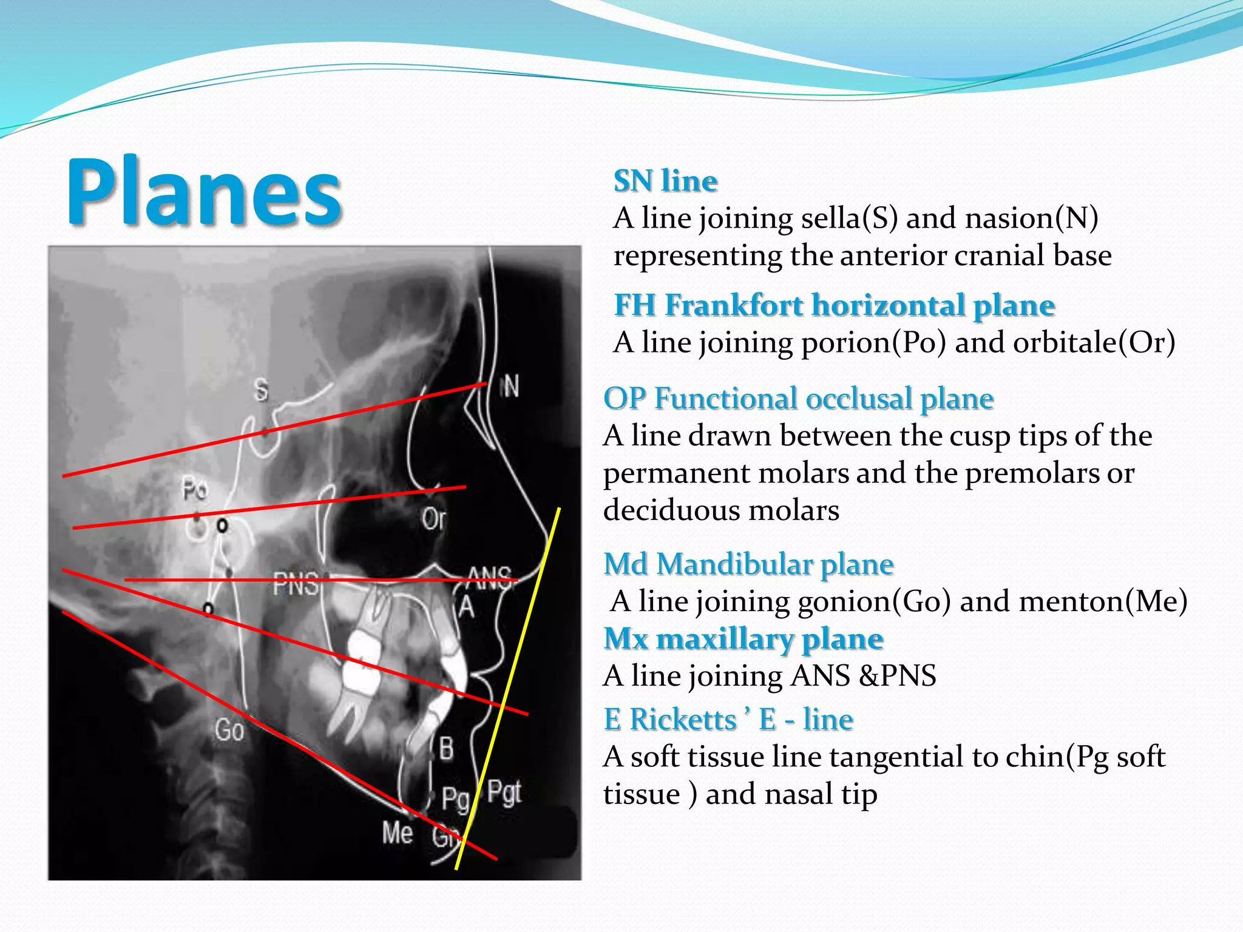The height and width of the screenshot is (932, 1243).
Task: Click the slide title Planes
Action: coord(205,192)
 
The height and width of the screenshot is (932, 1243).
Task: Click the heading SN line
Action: coord(665,181)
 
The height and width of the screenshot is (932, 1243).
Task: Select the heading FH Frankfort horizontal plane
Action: coord(835,305)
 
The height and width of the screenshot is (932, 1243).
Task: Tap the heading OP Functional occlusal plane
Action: coord(798,399)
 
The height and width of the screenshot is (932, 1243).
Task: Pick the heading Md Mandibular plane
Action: coord(748,564)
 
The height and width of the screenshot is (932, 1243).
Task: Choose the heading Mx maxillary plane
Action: coord(743,639)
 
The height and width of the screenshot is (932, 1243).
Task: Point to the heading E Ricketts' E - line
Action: coord(728,720)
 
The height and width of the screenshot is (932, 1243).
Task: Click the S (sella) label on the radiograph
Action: coord(261,390)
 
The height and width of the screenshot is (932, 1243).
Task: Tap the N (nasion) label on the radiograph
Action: coord(510,386)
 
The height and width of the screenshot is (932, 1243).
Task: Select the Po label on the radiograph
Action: coord(195,489)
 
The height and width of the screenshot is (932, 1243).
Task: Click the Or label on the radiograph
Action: coord(433,519)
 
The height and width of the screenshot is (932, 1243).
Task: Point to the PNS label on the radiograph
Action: coord(296,584)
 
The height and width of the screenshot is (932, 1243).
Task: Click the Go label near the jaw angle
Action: coord(229,730)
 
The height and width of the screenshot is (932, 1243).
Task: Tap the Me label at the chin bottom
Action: coord(398,832)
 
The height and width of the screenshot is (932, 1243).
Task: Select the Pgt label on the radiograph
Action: coord(504,792)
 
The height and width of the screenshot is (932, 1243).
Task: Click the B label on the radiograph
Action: coord(446,748)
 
